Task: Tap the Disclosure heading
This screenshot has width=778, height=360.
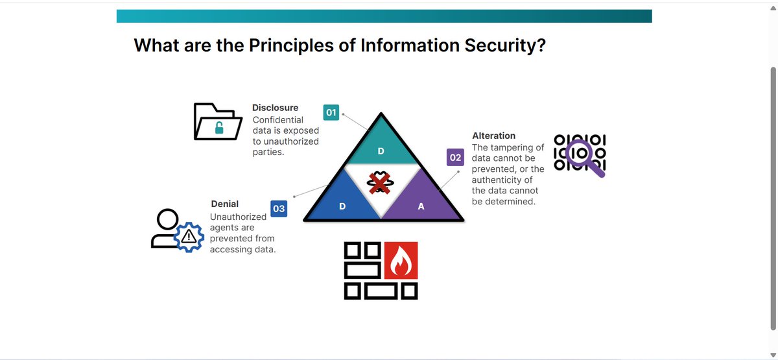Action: point(275,108)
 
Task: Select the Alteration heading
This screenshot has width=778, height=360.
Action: point(493,136)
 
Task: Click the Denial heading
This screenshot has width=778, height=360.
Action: point(224,204)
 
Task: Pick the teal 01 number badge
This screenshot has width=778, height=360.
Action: point(331,113)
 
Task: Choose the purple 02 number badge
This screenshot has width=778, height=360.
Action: point(455,158)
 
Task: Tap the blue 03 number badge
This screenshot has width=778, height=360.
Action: point(278,209)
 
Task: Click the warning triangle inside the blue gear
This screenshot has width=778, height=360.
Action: point(189,235)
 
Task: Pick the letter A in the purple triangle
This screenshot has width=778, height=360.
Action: point(421,206)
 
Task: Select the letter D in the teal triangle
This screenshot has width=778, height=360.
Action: point(381,151)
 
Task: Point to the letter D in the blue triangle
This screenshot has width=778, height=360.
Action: point(342,206)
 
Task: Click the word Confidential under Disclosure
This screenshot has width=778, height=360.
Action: point(277,119)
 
